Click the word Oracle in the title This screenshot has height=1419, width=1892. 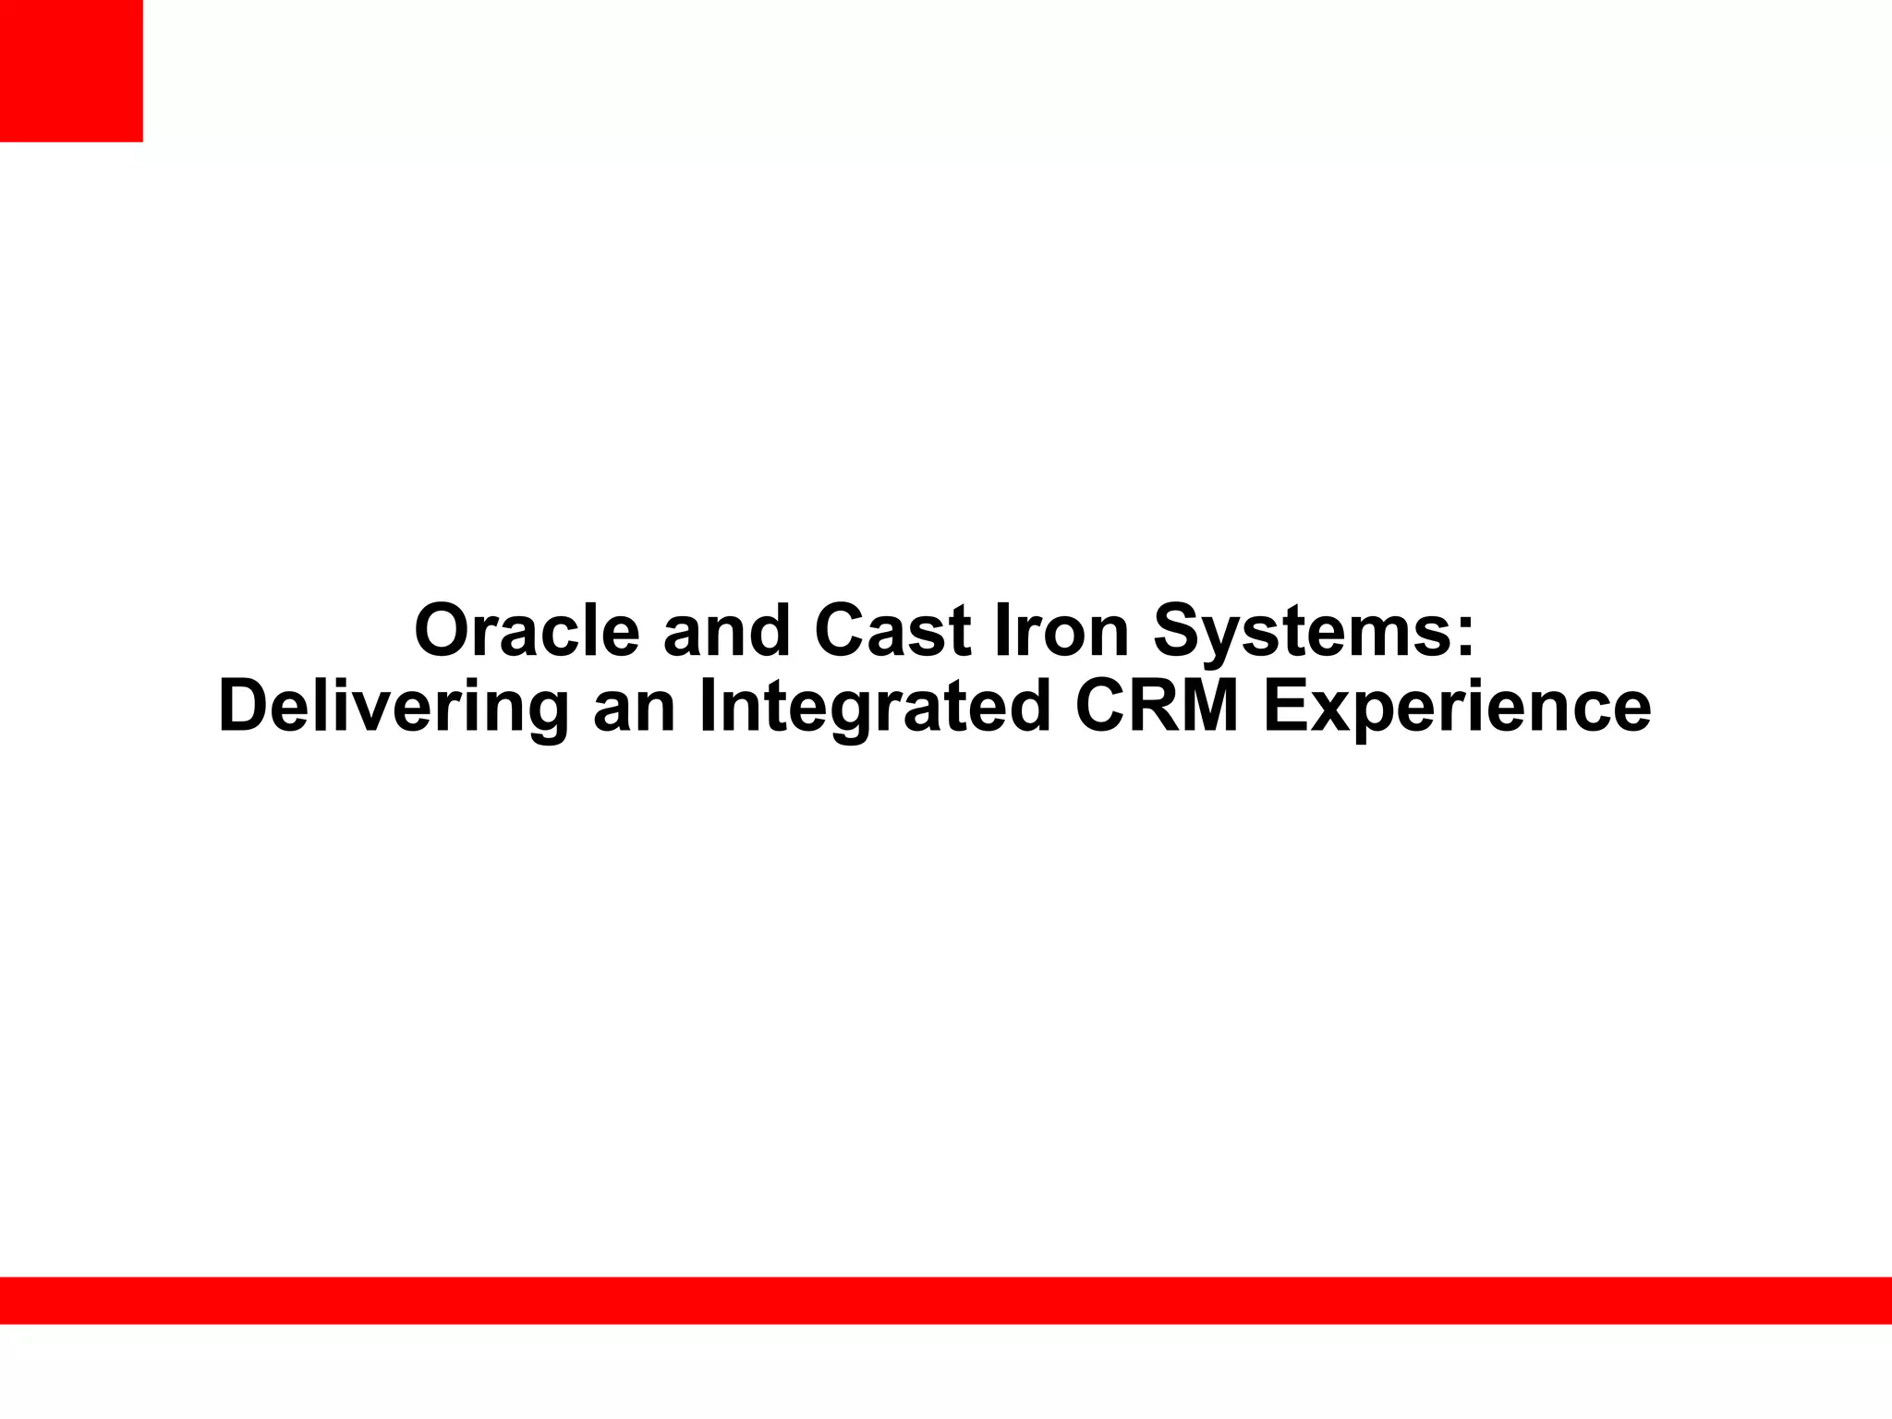[x=527, y=631]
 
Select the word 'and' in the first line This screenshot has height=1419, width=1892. [x=727, y=631]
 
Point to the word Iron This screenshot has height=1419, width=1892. [x=1061, y=631]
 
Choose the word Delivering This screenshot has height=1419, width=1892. [x=394, y=708]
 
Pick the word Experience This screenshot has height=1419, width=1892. [x=1457, y=708]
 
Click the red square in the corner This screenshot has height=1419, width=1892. [x=71, y=70]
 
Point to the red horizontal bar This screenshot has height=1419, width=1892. [x=946, y=1300]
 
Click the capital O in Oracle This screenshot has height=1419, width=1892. [x=443, y=631]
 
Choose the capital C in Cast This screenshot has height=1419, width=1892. [x=842, y=631]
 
